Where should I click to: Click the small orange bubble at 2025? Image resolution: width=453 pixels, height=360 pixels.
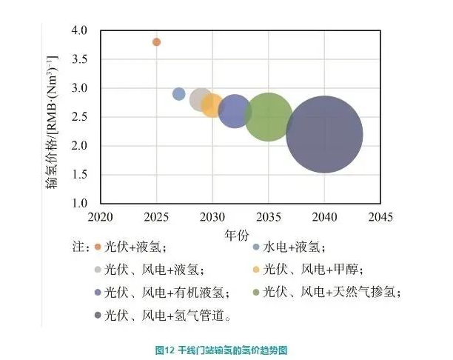coord(156,42)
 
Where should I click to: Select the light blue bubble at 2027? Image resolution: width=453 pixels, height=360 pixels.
coord(179,94)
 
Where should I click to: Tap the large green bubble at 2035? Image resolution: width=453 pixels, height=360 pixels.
coord(269,117)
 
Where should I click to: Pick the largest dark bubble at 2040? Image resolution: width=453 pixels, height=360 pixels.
coord(324,134)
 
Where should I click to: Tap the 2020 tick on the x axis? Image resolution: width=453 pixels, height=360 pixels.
coord(100,217)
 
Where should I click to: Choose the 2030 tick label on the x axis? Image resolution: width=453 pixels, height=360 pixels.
coord(212,217)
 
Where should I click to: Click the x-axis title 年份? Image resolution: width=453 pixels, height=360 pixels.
coord(240,234)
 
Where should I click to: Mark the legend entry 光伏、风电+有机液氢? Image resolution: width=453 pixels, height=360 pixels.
coord(164,293)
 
